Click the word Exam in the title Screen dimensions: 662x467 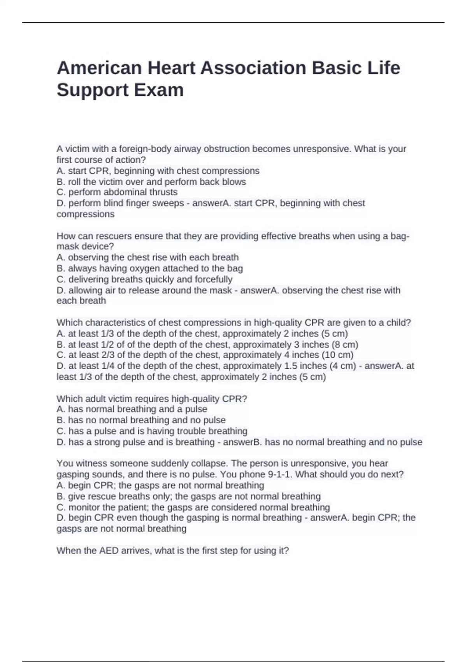click(x=159, y=90)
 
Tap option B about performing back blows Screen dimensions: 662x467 click(x=151, y=182)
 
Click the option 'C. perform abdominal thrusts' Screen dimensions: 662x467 click(x=117, y=192)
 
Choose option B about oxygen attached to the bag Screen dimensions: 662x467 click(x=149, y=268)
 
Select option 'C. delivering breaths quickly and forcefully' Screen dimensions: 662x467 click(x=144, y=279)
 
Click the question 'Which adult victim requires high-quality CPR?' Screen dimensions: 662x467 click(x=152, y=399)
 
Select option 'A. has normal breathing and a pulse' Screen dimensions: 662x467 click(x=132, y=409)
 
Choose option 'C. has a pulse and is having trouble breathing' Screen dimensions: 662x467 click(x=152, y=431)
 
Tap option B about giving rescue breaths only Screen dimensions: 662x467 click(x=188, y=496)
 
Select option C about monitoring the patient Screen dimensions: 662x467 click(x=193, y=507)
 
